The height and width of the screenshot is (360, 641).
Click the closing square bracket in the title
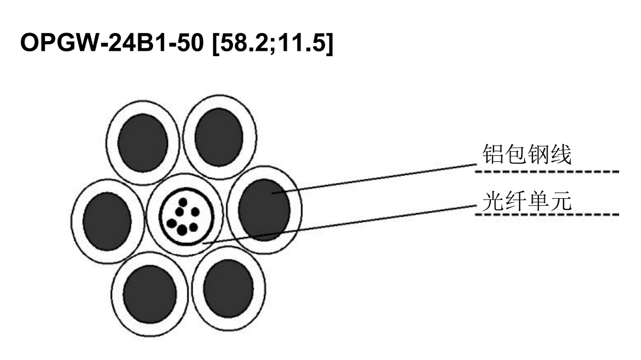330,43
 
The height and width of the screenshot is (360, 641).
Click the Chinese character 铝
493,154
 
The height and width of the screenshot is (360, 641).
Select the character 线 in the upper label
561,154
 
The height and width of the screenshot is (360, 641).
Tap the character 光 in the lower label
493,201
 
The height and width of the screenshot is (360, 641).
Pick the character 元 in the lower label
561,201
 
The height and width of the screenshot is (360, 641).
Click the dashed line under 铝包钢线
547,171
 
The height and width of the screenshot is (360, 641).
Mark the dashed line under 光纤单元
547,214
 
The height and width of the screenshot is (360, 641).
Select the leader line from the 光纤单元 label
339,224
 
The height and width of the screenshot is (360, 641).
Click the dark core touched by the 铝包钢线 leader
264,210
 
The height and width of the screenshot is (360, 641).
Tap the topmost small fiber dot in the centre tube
183,202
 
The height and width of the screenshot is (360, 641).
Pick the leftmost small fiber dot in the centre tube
171,223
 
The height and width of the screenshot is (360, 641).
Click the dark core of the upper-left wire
143,143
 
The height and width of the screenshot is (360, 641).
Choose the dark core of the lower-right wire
229,288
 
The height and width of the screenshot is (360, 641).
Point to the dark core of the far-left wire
107,222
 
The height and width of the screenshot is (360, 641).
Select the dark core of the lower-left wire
150,294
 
